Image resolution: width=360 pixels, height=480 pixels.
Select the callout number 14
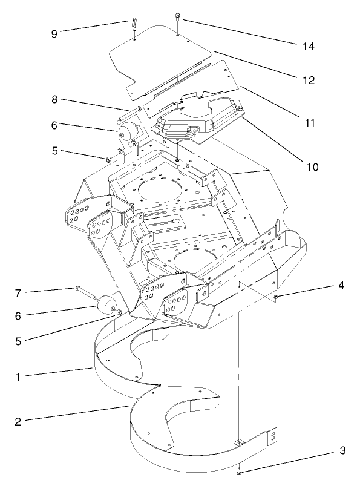(310, 46)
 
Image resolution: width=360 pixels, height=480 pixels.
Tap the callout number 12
(310, 79)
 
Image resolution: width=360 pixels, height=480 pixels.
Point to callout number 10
(310, 165)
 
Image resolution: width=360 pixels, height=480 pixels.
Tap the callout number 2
(19, 421)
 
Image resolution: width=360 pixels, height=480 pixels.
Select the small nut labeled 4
(276, 297)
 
